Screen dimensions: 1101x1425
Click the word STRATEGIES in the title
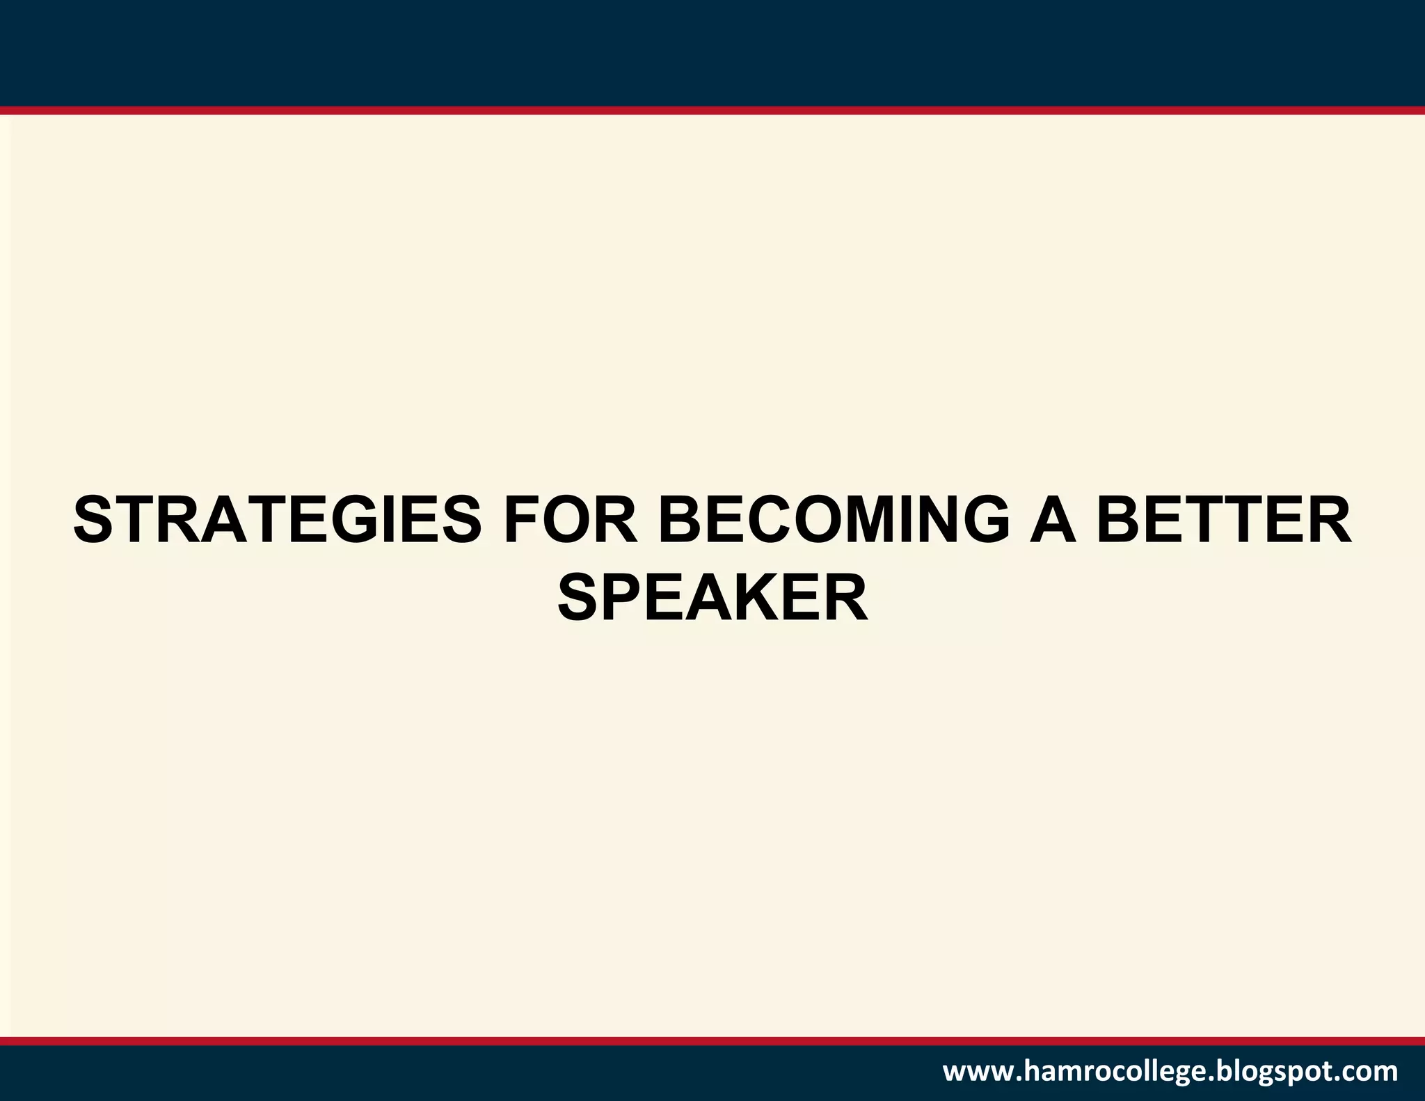pyautogui.click(x=277, y=521)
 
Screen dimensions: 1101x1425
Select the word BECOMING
pyautogui.click(x=834, y=521)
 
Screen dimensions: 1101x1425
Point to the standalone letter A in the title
pyautogui.click(x=1053, y=521)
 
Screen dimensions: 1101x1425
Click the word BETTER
pyautogui.click(x=1224, y=521)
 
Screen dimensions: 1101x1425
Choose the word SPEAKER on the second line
pyautogui.click(x=712, y=599)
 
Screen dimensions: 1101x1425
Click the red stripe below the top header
pyautogui.click(x=712, y=110)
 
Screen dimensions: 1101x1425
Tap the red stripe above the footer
pyautogui.click(x=712, y=1041)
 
